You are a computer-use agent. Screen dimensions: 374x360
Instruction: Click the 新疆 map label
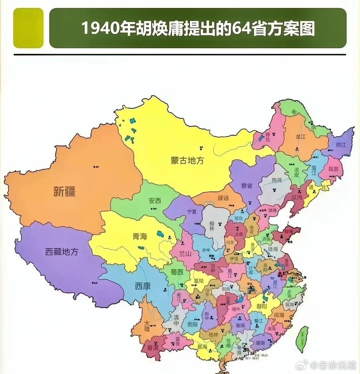pos(64,191)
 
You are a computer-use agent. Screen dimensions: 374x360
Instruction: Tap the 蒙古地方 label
pos(187,160)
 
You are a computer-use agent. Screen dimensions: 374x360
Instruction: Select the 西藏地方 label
pos(62,252)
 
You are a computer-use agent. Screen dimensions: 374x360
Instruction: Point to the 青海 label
pos(139,236)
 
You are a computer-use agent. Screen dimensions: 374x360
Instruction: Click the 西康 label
pos(142,285)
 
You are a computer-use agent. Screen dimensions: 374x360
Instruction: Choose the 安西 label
pos(155,201)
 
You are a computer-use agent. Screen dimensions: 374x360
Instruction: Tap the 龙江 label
pos(300,137)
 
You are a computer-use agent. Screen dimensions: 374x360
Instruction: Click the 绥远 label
pos(223,198)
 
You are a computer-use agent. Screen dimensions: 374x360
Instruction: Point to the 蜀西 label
pos(177,272)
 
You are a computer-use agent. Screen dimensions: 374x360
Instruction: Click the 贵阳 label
pos(192,324)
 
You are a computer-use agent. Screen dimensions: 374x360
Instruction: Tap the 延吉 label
pos(333,169)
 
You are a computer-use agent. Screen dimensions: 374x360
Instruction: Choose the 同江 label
pos(341,145)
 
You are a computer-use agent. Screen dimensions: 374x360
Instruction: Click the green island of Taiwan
pos(303,338)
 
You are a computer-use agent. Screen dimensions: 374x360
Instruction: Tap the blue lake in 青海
pos(161,233)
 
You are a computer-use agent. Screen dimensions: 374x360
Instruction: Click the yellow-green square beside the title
pos(28,28)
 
